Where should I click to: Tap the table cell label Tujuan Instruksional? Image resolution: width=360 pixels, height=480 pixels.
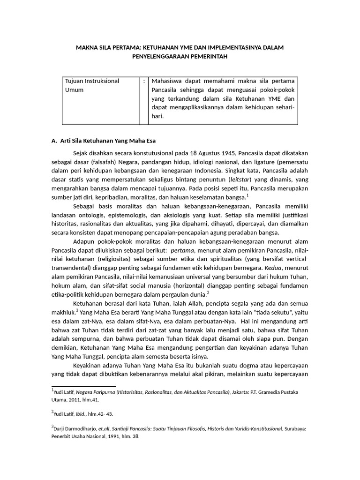pyautogui.click(x=92, y=81)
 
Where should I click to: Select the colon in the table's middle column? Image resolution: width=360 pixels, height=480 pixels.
pyautogui.click(x=143, y=81)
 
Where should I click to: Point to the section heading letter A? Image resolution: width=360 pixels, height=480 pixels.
pyautogui.click(x=53, y=141)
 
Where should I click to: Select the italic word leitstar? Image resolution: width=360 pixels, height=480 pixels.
pyautogui.click(x=240, y=180)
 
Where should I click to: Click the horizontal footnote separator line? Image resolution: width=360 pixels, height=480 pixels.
pyautogui.click(x=83, y=386)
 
